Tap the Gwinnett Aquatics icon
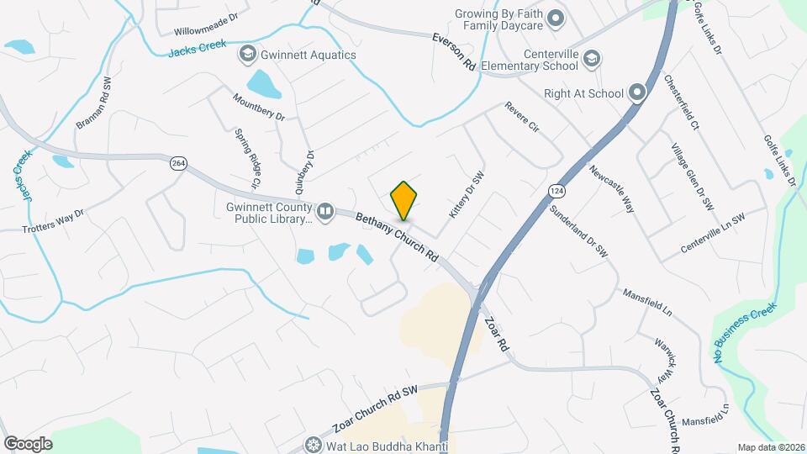pos(247,55)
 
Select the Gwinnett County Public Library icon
pos(325,210)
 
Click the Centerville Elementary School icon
pos(592,58)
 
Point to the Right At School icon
pos(637,93)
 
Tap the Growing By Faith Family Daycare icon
pos(555,18)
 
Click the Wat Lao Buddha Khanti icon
pos(314,444)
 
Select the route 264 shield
pos(177,163)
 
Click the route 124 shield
pos(556,192)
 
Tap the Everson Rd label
pos(454,52)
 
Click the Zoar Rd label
pos(498,334)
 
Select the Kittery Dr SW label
pos(467,196)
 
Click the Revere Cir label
pos(521,118)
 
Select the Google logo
pos(28,443)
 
